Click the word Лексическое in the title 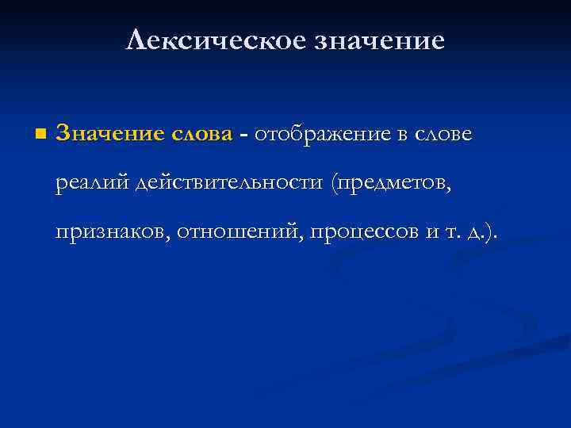pyautogui.click(x=209, y=40)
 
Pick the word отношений pyautogui.click(x=237, y=231)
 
